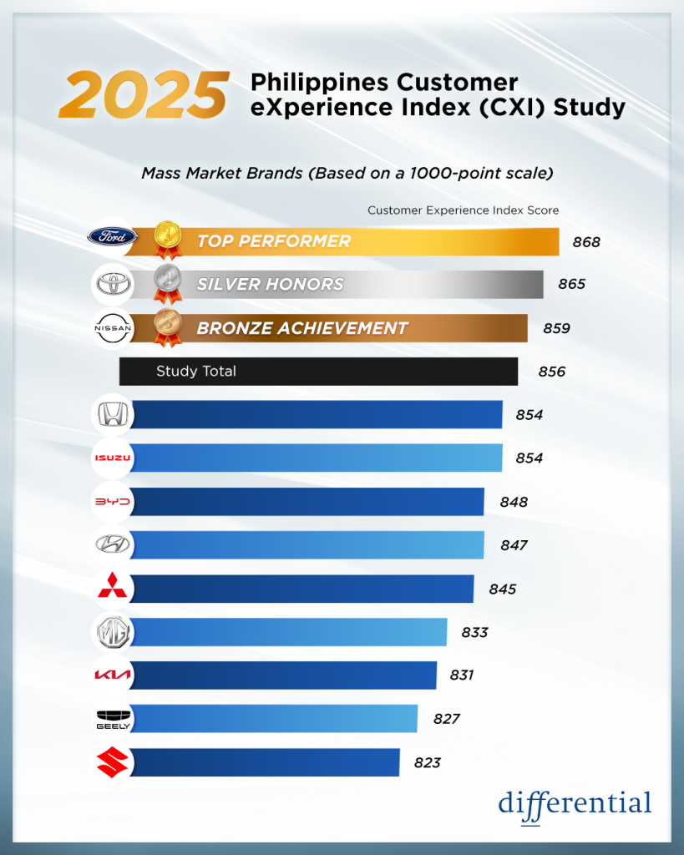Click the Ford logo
pyautogui.click(x=112, y=237)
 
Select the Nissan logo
pyautogui.click(x=112, y=328)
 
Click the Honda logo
pyautogui.click(x=112, y=414)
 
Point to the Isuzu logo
pyautogui.click(x=112, y=458)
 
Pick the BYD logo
pyautogui.click(x=112, y=501)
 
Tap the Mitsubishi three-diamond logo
pyautogui.click(x=112, y=588)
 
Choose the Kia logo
pyautogui.click(x=112, y=675)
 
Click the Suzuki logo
pyautogui.click(x=112, y=761)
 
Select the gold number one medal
pyautogui.click(x=167, y=237)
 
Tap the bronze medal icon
pyautogui.click(x=167, y=326)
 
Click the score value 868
pyautogui.click(x=586, y=242)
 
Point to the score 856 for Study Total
pyautogui.click(x=552, y=372)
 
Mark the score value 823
pyautogui.click(x=427, y=762)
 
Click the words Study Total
pyautogui.click(x=196, y=372)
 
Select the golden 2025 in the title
pyautogui.click(x=144, y=95)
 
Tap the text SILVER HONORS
pyautogui.click(x=270, y=285)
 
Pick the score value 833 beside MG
pyautogui.click(x=474, y=632)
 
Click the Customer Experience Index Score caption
pyautogui.click(x=463, y=210)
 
